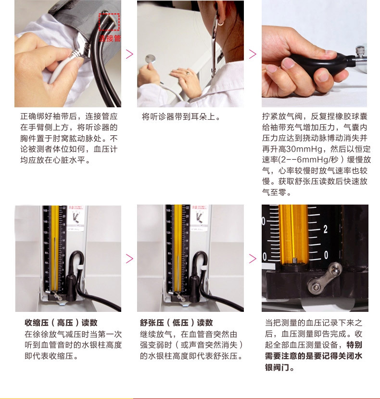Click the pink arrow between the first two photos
coord(129,53)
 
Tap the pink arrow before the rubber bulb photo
coord(253,53)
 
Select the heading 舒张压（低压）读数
coord(176,322)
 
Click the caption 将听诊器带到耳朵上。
coord(181,116)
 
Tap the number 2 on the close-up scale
coord(326,229)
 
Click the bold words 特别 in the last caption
coord(355,345)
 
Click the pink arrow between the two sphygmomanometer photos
coord(129,259)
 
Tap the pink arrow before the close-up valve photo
coord(253,259)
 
